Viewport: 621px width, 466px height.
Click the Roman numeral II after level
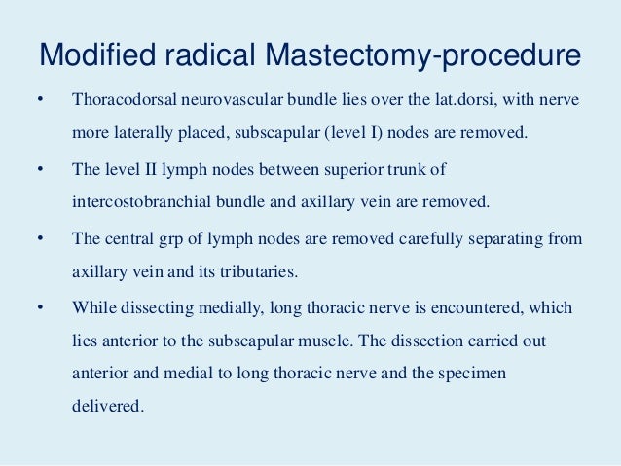(x=146, y=170)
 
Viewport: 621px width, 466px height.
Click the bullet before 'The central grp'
(x=40, y=238)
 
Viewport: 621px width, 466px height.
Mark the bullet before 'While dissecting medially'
(x=40, y=308)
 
